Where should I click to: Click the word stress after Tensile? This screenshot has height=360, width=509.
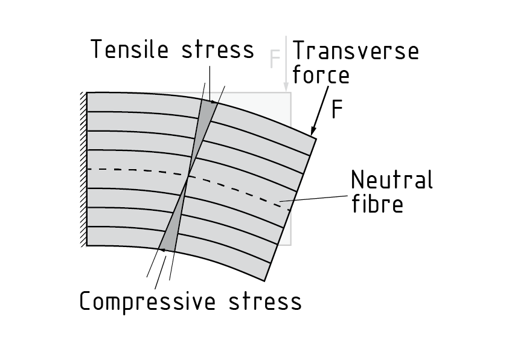[218, 50]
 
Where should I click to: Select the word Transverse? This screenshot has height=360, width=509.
[356, 51]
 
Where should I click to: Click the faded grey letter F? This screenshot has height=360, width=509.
[275, 59]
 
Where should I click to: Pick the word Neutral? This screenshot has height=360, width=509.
[392, 180]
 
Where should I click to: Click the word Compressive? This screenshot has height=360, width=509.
[147, 301]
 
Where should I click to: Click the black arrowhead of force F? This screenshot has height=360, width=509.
[313, 131]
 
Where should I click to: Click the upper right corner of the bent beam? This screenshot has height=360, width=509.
[316, 138]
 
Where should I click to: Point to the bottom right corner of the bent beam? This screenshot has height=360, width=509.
[265, 280]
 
